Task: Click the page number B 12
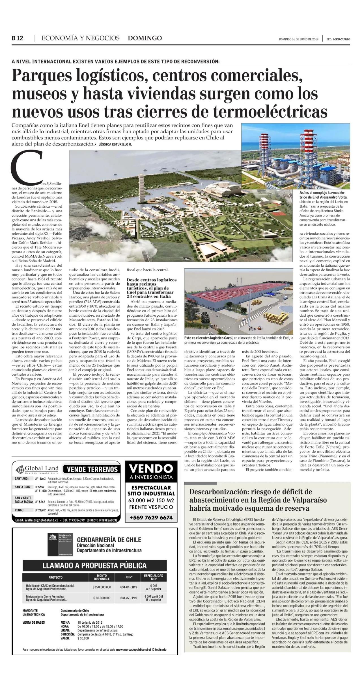17,38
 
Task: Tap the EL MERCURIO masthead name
339,39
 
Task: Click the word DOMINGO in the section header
145,38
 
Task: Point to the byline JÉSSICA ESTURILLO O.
115,144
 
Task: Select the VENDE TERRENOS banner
92,469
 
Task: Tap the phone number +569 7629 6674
151,517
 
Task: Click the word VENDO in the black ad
151,469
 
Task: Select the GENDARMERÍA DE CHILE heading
109,540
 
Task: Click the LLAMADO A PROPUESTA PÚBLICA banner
94,565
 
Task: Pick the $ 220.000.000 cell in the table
102,587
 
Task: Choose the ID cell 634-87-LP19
129,598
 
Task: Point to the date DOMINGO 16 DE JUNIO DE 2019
299,39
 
